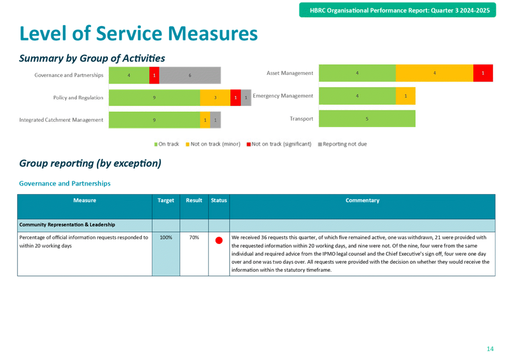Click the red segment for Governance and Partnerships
(x=154, y=76)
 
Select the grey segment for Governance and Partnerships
(x=190, y=76)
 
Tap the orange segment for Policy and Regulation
(x=215, y=97)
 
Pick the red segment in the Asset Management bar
(x=483, y=73)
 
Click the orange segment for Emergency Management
(x=406, y=96)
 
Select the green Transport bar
(x=367, y=119)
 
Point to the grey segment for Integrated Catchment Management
(x=215, y=120)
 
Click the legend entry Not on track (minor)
(x=213, y=144)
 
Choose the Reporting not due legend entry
(x=342, y=144)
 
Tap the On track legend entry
(x=166, y=144)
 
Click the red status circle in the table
(x=219, y=240)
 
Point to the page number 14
(x=490, y=349)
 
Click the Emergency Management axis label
(x=283, y=96)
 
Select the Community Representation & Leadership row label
(x=67, y=224)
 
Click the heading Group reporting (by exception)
(x=90, y=163)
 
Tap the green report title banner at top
(x=398, y=10)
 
